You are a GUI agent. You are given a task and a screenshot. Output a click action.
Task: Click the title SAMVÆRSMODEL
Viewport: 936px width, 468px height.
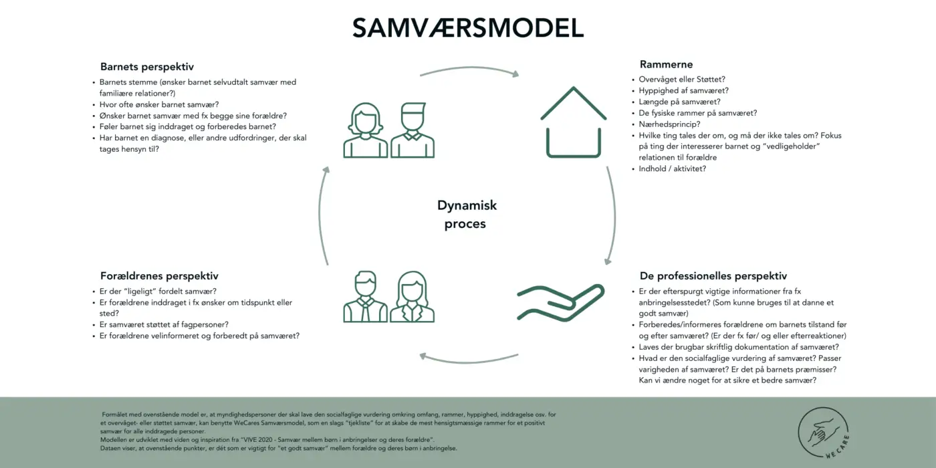468,28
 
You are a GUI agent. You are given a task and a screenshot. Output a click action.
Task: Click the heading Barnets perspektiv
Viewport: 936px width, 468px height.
147,67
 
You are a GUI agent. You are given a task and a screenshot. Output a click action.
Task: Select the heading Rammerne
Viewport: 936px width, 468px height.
666,64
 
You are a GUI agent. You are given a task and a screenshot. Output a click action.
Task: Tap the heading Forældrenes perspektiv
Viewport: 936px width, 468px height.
159,276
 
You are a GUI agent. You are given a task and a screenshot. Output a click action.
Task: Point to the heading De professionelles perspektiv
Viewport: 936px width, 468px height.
713,276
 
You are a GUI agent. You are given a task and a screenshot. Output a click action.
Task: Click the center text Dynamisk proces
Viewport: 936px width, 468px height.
467,215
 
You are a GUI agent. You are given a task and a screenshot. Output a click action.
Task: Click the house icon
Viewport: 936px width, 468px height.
574,122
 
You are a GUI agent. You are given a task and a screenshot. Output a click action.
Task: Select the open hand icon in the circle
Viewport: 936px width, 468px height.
561,302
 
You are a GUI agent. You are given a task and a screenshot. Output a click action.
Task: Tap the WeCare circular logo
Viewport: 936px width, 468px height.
823,433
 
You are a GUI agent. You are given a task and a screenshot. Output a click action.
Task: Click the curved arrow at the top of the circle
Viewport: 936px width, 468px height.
470,68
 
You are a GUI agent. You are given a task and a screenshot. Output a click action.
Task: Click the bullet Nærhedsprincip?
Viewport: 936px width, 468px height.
669,124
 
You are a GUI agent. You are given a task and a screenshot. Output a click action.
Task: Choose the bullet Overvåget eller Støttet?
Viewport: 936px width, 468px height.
681,80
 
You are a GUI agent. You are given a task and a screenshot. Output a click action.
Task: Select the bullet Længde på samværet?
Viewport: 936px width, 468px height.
679,102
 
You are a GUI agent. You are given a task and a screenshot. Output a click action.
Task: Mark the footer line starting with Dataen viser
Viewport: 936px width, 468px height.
278,449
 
